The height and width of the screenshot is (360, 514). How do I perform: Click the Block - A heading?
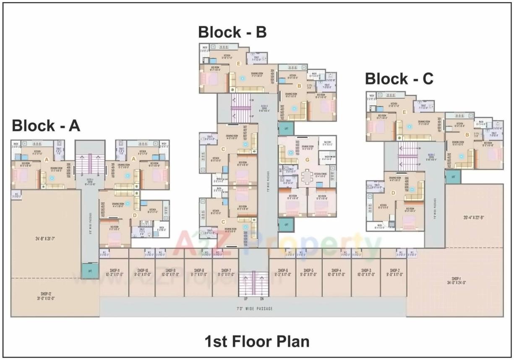[46, 125]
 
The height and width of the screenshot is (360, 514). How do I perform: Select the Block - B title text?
[232, 32]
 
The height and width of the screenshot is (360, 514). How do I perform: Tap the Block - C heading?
[399, 79]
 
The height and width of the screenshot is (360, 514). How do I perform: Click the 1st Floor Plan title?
[257, 341]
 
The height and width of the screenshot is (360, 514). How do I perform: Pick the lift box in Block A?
[90, 271]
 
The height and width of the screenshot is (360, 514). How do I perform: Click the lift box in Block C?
[453, 177]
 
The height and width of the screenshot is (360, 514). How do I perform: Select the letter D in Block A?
[135, 216]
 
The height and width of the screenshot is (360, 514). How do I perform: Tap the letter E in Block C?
[404, 112]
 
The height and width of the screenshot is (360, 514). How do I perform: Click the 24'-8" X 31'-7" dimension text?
[46, 240]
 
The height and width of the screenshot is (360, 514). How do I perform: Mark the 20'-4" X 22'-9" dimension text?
[474, 217]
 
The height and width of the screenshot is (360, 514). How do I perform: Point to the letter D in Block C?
[393, 193]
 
